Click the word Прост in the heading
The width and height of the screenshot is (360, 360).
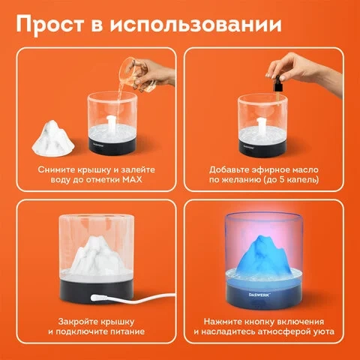point(50,25)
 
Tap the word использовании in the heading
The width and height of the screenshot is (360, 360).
point(196,24)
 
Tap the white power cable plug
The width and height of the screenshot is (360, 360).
point(100,298)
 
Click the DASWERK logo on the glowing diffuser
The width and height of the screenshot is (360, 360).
point(259,295)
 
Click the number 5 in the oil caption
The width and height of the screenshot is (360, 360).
point(283,180)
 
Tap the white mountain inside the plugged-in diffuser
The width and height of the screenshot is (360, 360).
point(96,255)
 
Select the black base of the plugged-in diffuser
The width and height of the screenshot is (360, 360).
point(96,291)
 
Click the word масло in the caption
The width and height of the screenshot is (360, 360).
point(304,169)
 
